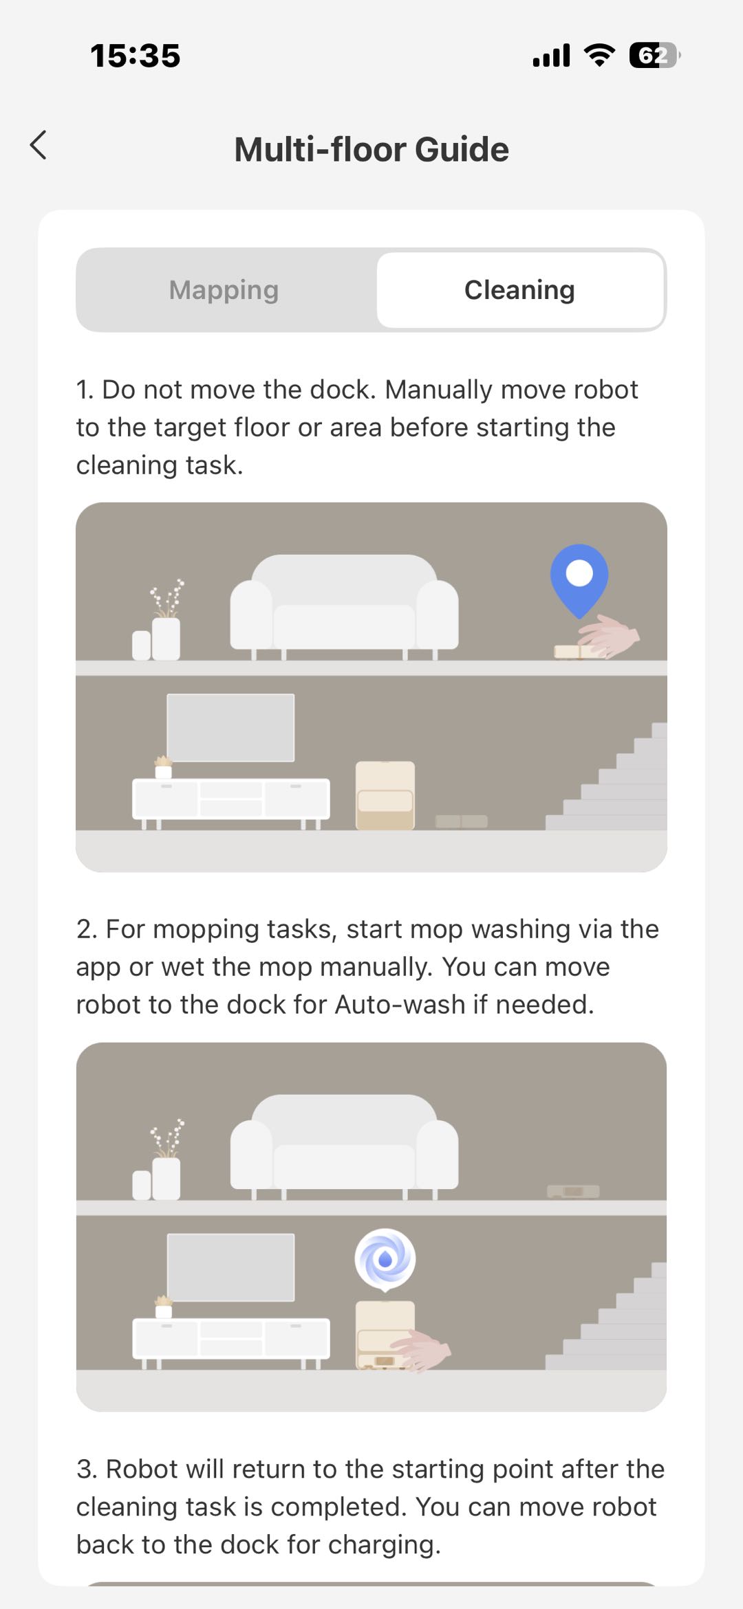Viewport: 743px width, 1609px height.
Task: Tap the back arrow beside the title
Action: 39,145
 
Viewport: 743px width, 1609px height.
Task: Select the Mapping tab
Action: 224,290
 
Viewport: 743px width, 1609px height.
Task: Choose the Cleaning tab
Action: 520,290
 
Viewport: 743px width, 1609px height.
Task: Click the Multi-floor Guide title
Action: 371,149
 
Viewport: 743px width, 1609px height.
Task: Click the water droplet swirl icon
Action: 385,1259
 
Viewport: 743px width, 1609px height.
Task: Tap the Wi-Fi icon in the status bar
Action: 599,55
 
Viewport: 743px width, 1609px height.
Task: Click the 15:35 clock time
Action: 136,56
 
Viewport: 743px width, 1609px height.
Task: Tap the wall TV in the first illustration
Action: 231,727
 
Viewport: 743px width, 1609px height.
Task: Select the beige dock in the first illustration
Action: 385,795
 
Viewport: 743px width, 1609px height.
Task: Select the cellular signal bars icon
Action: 552,55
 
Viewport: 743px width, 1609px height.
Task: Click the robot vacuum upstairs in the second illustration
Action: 573,1191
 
